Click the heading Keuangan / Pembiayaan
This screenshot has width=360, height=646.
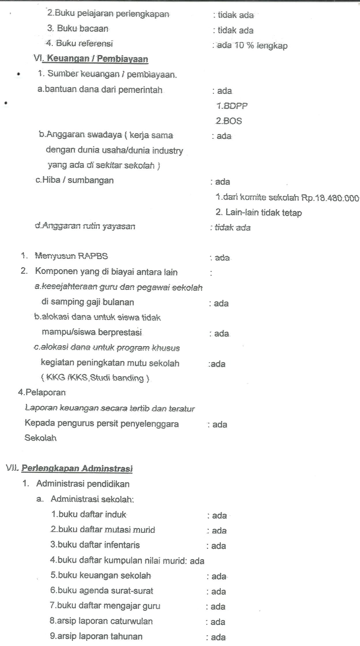[x=97, y=59]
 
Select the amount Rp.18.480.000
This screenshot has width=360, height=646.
[x=330, y=198]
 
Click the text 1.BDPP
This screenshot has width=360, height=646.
[x=232, y=106]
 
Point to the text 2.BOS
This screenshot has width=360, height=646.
[x=229, y=121]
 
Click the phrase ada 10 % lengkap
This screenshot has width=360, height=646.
[x=252, y=46]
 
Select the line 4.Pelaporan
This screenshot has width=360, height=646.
[x=42, y=393]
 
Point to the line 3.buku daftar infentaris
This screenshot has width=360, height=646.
[x=95, y=545]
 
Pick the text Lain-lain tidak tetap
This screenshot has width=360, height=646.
[x=263, y=213]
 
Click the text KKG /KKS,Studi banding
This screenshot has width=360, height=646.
[x=95, y=378]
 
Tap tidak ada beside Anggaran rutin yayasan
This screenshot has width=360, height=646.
[x=233, y=228]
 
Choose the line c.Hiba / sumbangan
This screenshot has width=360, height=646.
[x=74, y=180]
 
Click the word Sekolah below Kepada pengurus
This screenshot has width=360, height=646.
[x=40, y=438]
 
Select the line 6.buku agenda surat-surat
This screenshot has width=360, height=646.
[x=102, y=590]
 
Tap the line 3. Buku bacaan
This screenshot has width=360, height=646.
[x=78, y=29]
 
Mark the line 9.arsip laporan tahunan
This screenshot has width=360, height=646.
[x=96, y=636]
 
